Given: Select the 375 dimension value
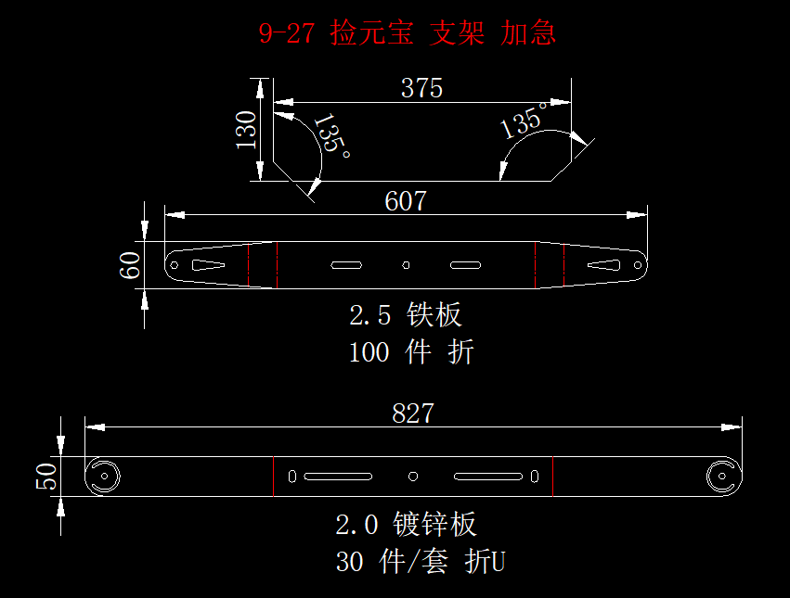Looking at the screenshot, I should (x=421, y=88).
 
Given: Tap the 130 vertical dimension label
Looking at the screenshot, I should (x=246, y=130).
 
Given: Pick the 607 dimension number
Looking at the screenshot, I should (x=406, y=201).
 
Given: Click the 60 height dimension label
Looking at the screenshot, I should (x=131, y=265).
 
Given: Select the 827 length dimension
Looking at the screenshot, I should (x=413, y=414).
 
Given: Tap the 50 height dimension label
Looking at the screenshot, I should (x=46, y=477).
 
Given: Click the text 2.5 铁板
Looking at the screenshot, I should (x=406, y=314).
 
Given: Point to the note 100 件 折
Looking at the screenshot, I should (x=411, y=352).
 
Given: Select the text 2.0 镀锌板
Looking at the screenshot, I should (x=406, y=525).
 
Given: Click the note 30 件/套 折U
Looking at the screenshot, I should (x=420, y=562).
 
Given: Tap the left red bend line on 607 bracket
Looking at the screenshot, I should (x=277, y=265).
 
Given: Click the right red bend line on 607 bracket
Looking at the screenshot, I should (x=536, y=265).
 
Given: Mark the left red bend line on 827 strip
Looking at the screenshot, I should (x=274, y=477).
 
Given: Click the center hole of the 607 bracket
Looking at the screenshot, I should (x=406, y=265).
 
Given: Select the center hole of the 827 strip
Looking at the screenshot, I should (x=413, y=477).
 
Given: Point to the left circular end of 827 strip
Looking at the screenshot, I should (x=104, y=477).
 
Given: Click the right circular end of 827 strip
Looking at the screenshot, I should (x=721, y=477).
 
